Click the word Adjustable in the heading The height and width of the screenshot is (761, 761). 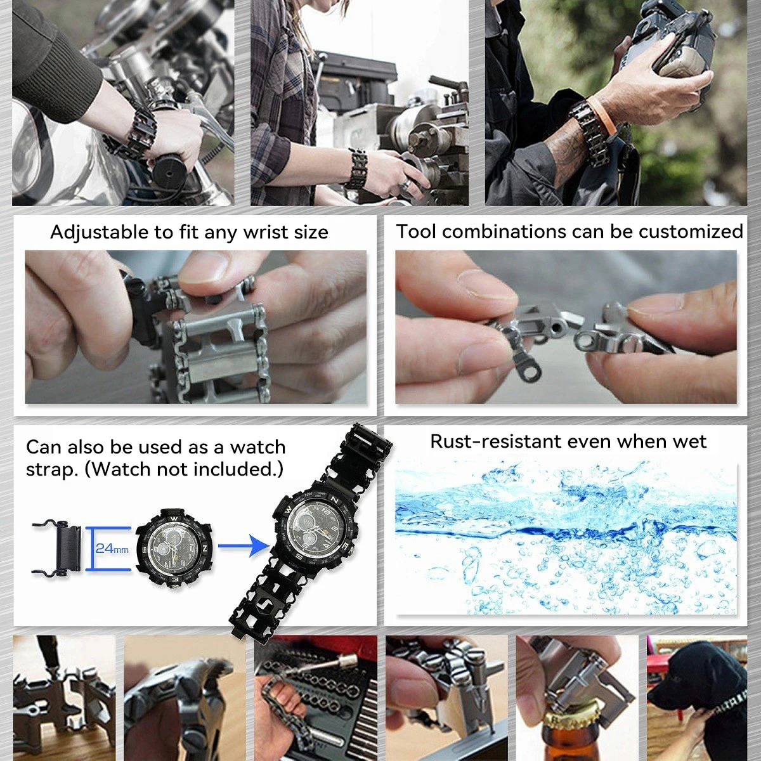[x=100, y=233]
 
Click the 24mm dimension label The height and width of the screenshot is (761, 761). [x=112, y=548]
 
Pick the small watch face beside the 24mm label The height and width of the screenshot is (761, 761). [x=174, y=549]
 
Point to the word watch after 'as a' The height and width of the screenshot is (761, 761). [x=258, y=448]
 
